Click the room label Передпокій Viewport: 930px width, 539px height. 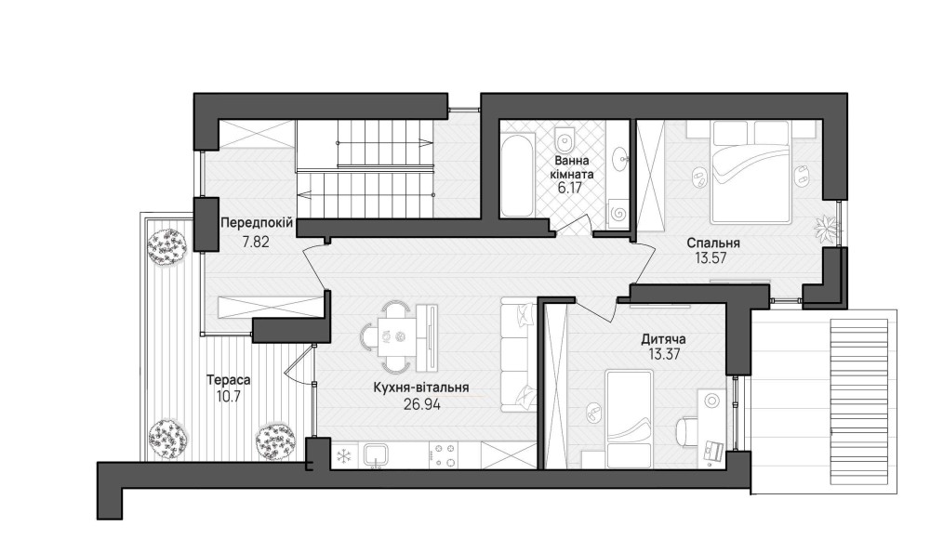click(257, 223)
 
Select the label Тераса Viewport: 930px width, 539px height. click(229, 379)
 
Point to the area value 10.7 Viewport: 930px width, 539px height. click(229, 397)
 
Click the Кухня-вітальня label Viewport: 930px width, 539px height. click(421, 388)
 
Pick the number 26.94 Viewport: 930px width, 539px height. click(421, 404)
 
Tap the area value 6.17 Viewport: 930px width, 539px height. click(569, 189)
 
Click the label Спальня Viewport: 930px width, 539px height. click(713, 243)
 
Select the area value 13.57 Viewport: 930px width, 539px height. click(711, 258)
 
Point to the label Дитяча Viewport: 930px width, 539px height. click(663, 339)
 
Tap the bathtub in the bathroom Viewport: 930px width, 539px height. click(517, 177)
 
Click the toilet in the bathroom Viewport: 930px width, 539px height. click(565, 139)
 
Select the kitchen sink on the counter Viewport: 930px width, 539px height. click(376, 455)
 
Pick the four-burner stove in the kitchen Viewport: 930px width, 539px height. click(443, 455)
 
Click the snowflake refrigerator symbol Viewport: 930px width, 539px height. click(343, 456)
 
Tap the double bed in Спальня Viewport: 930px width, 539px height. click(752, 172)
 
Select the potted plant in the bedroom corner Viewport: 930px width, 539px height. click(826, 227)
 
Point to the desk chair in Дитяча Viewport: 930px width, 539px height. click(687, 432)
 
